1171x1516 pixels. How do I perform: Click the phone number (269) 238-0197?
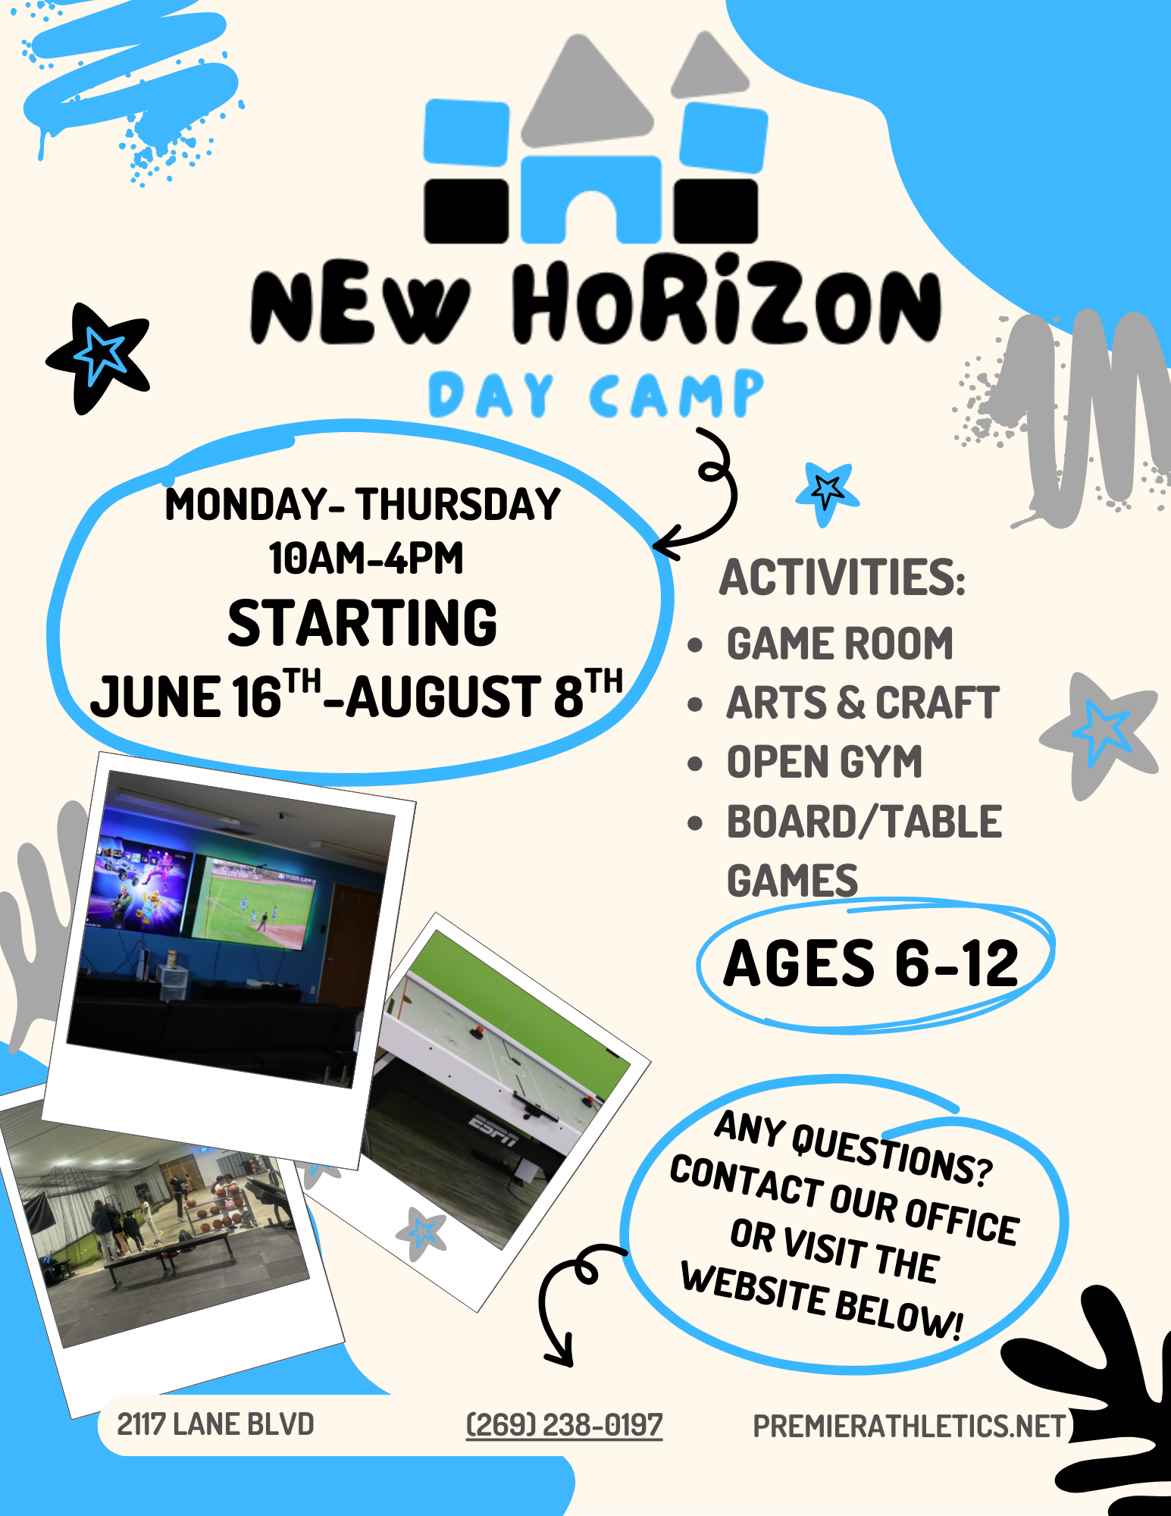coord(564,1425)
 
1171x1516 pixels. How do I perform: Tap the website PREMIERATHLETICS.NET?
coord(910,1426)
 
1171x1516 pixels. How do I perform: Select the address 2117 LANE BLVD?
coord(215,1424)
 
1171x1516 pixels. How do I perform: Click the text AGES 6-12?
coord(871,963)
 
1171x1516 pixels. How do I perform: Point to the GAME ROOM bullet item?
coord(840,644)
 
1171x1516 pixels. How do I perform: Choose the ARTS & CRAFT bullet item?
coord(863,703)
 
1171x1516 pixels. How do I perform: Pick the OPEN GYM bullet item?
coord(825,762)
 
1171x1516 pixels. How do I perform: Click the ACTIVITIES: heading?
coord(842,578)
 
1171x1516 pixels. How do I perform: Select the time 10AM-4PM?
coord(366,559)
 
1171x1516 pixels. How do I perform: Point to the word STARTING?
coord(362,623)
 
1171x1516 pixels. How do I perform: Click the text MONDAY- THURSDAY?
coord(362,504)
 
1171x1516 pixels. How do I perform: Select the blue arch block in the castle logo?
coord(591,199)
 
